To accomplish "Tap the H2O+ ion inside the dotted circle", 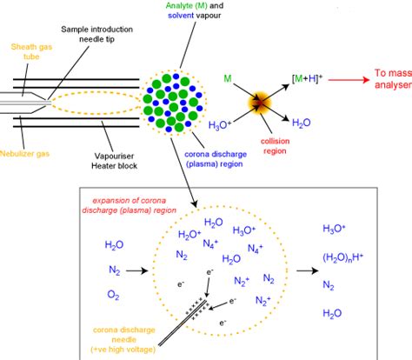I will pos(190,235).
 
